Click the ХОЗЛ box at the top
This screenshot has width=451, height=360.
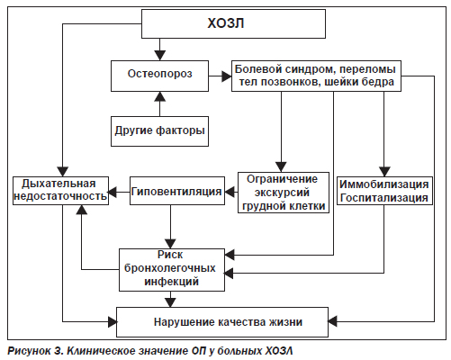click(x=233, y=23)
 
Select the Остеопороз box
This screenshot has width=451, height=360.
click(x=159, y=76)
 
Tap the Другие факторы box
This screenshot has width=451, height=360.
click(x=159, y=131)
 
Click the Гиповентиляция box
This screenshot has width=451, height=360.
click(x=177, y=191)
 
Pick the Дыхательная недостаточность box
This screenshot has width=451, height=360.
click(x=60, y=191)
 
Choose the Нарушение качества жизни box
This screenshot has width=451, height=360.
click(x=222, y=322)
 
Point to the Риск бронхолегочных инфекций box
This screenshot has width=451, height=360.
click(x=172, y=270)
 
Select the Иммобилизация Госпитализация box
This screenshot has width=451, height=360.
click(x=384, y=191)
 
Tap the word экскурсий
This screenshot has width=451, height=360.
click(x=282, y=193)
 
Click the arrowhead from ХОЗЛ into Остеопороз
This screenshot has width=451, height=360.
click(x=159, y=56)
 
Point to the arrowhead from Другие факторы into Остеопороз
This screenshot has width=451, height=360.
click(x=159, y=96)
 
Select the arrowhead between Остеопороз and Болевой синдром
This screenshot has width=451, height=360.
click(x=227, y=76)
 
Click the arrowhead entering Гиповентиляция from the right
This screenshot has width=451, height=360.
click(x=230, y=192)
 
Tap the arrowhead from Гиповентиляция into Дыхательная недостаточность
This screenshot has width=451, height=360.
click(x=113, y=192)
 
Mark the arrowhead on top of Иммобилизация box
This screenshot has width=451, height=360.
click(x=384, y=172)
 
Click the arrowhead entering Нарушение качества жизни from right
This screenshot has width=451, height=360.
click(x=332, y=321)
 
